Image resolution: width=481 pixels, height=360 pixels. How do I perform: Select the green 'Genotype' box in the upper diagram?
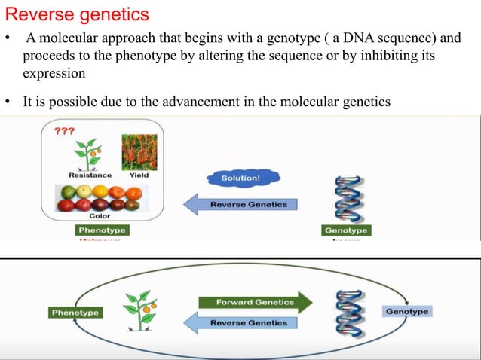pos(345,230)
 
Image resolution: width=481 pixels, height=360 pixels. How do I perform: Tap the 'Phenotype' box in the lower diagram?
pos(75,313)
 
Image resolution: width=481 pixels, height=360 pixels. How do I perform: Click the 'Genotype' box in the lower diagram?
pos(407,311)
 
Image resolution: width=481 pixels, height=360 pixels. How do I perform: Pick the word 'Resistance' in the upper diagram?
pos(90,175)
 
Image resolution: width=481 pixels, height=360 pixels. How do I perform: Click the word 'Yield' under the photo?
pos(139,175)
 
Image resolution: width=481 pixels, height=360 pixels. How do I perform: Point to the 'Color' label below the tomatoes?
pos(100,216)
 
